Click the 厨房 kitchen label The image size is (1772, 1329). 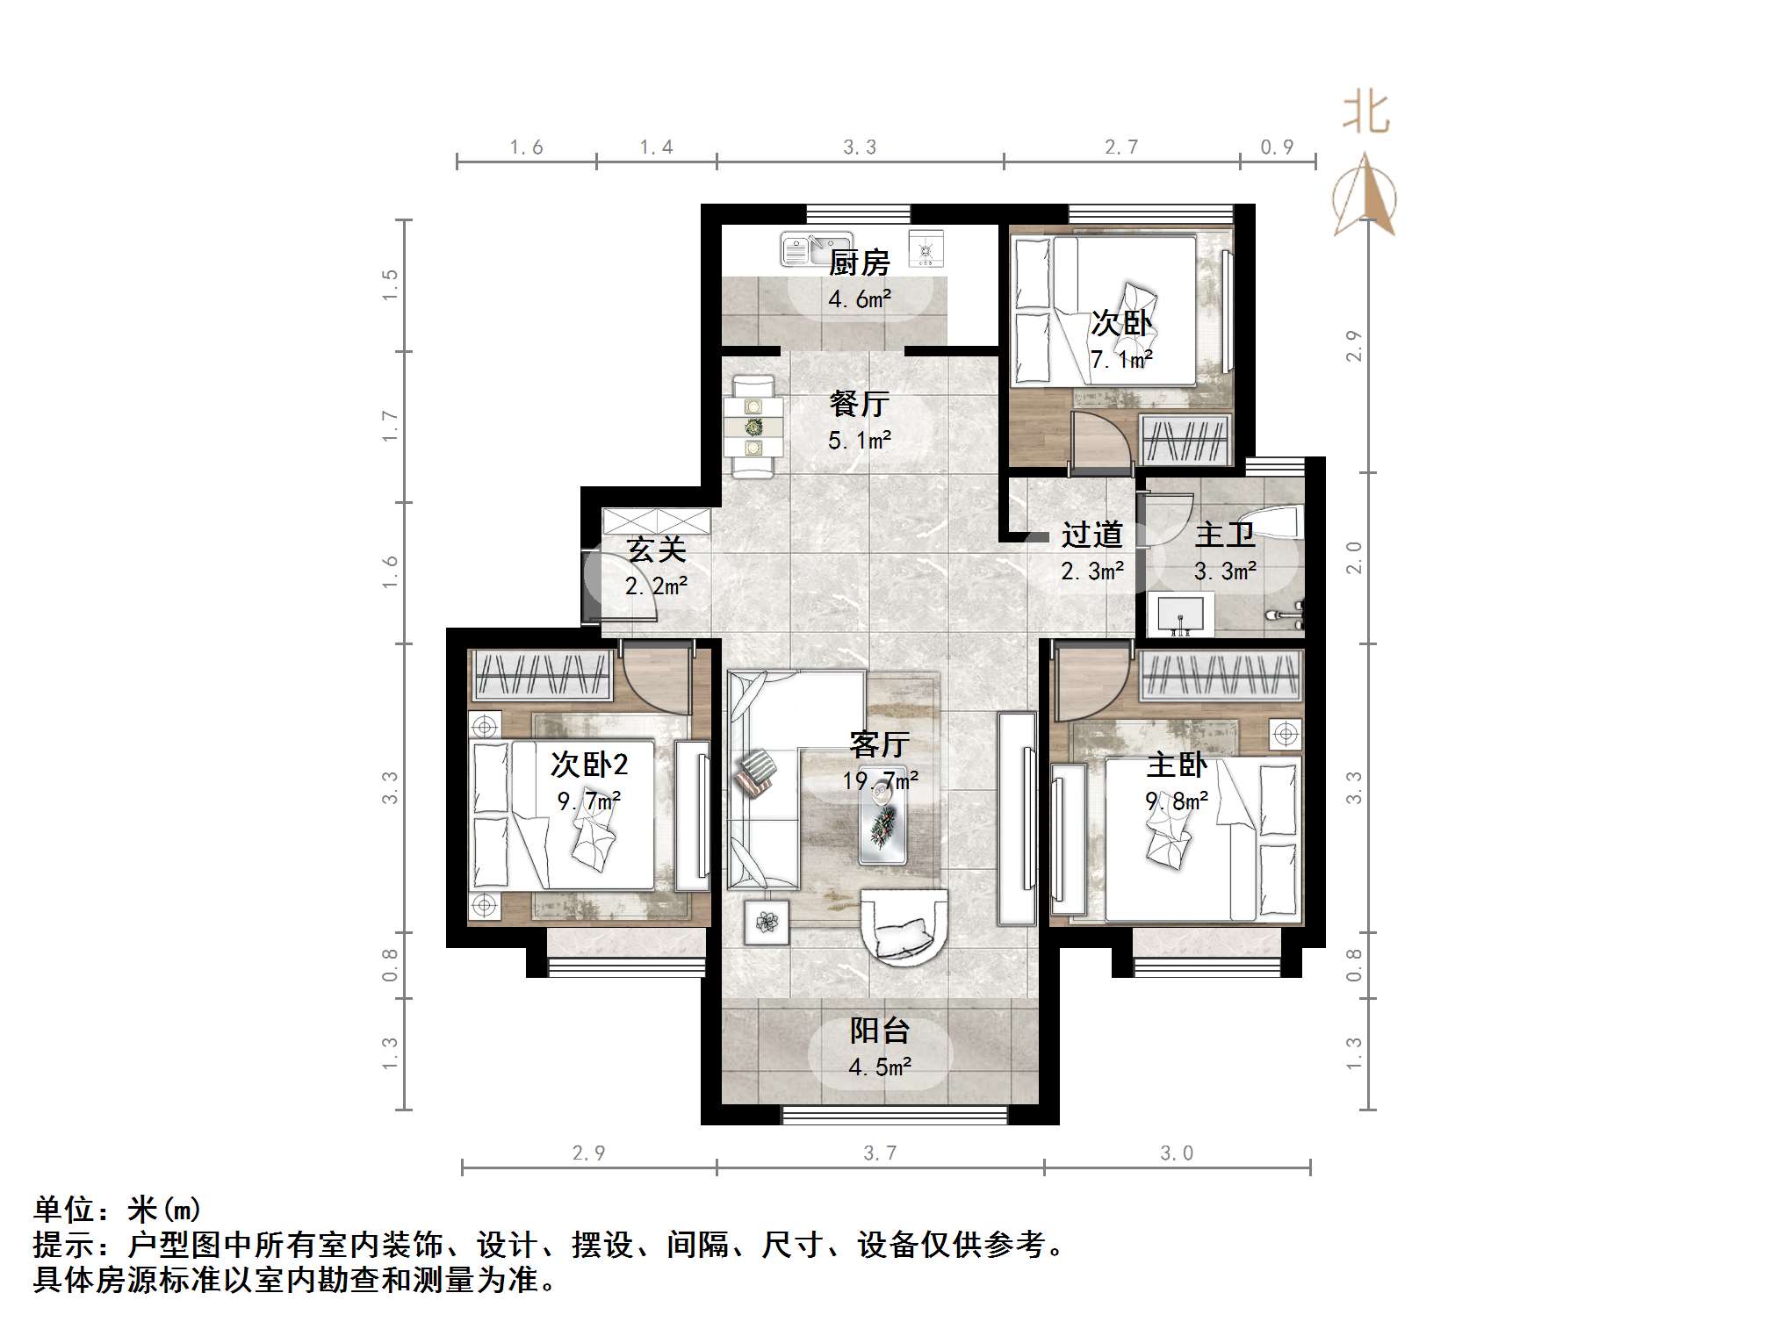(859, 262)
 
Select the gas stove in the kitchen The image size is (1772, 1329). (926, 249)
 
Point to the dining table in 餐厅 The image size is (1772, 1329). (753, 427)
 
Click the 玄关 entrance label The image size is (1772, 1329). (655, 550)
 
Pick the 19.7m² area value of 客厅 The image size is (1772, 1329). (880, 780)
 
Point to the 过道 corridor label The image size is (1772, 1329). (1091, 535)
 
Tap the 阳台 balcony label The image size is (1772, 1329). (879, 1031)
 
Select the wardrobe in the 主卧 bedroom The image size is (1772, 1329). (1221, 677)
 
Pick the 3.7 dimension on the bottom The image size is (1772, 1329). (880, 1153)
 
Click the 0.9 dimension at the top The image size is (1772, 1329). (1277, 147)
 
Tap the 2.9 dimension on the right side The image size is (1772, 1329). (1355, 346)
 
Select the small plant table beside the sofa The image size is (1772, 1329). (767, 922)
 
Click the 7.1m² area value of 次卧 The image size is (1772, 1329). (1121, 359)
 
